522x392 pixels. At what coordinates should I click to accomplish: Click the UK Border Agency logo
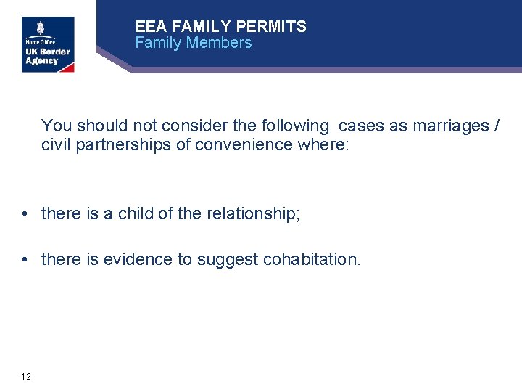point(48,44)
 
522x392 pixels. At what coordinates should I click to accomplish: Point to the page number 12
point(26,376)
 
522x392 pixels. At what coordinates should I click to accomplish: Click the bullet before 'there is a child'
point(25,214)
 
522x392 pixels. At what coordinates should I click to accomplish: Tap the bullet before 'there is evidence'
point(25,259)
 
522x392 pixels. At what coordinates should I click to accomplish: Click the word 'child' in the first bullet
point(136,214)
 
